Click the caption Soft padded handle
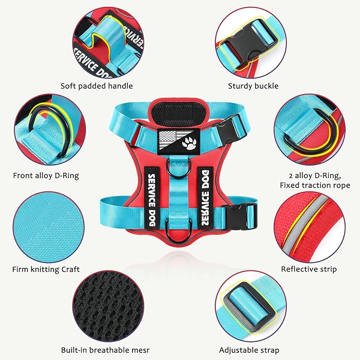click(x=96, y=85)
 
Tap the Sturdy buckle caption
click(x=253, y=85)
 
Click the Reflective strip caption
click(x=309, y=269)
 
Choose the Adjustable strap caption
click(x=249, y=350)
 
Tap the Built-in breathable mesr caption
click(x=104, y=350)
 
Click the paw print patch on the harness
click(x=189, y=142)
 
